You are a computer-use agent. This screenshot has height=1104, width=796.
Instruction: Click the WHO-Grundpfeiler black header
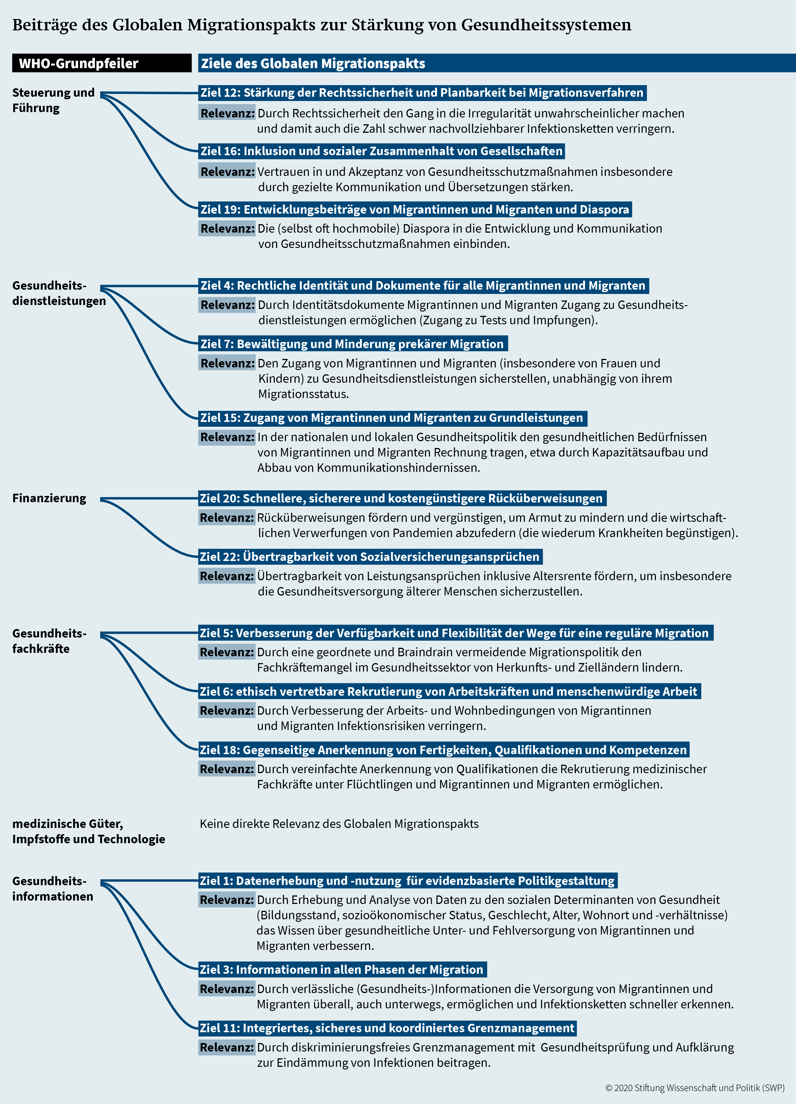[102, 63]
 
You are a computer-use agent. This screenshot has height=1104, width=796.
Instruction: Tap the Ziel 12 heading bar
[422, 92]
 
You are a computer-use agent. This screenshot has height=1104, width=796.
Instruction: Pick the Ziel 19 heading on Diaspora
[415, 209]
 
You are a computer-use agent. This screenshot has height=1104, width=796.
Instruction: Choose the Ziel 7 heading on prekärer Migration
[353, 344]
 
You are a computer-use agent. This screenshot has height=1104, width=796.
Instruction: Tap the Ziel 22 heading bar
[370, 556]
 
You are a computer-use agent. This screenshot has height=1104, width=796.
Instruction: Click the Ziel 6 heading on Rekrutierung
[449, 691]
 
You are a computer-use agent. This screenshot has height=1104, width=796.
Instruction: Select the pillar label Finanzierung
[49, 498]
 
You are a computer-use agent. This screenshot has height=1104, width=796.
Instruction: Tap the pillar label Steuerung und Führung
[54, 100]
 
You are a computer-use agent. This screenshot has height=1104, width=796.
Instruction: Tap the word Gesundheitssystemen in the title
[546, 24]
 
